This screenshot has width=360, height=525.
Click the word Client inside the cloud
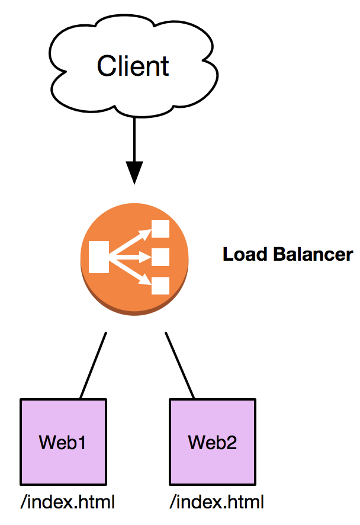point(133,66)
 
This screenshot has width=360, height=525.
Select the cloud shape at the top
point(133,41)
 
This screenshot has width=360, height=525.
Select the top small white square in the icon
point(161,229)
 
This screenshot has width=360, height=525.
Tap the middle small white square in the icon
point(161,257)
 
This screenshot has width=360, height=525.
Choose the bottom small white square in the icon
point(161,286)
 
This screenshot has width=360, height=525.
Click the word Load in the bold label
point(246,255)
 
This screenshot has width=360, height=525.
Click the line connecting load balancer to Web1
point(93,365)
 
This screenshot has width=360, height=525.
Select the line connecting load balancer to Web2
point(179,365)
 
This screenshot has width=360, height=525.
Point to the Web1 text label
point(63,442)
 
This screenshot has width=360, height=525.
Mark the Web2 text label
point(213,442)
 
